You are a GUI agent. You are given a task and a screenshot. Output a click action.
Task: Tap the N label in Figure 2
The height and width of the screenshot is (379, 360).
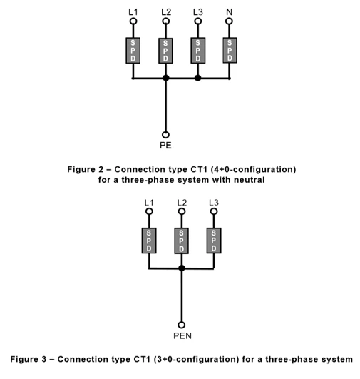point(229,12)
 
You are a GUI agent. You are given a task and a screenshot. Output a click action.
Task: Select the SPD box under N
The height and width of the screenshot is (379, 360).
point(230,50)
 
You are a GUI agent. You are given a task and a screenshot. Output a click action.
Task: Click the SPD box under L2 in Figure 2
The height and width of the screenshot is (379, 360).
point(165,51)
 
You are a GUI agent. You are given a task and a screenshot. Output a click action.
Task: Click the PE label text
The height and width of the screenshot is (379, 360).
point(165,146)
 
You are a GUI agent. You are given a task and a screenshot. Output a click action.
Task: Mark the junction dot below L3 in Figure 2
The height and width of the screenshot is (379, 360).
point(197,78)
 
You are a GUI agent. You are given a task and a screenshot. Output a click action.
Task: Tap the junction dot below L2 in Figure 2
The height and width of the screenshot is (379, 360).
point(165,78)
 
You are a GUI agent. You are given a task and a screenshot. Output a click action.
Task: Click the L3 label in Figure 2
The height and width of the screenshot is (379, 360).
point(198,12)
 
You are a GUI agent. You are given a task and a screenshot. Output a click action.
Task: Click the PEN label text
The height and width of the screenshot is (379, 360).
point(182,335)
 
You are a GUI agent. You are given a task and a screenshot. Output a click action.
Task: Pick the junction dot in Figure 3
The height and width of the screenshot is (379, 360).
point(182,268)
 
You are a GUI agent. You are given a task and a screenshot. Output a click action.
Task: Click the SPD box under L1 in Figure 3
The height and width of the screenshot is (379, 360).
point(149,241)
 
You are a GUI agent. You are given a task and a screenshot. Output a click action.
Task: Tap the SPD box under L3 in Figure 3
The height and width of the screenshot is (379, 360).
point(214,241)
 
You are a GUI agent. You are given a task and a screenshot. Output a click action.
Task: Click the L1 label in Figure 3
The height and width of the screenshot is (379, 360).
point(149,202)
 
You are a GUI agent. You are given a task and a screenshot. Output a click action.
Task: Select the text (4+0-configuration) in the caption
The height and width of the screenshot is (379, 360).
point(253,169)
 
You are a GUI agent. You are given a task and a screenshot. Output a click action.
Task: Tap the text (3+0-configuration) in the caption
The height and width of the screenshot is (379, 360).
point(197,359)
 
